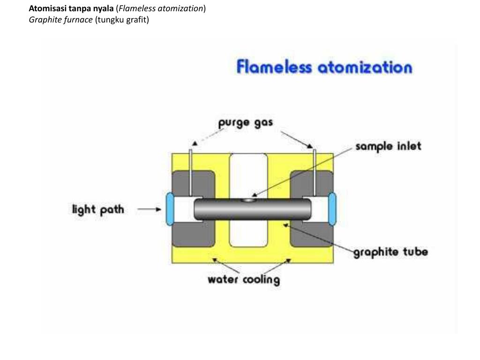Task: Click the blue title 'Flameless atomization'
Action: coord(324,67)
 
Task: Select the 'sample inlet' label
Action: coord(388,146)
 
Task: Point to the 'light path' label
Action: coord(98,210)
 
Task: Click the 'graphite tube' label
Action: coord(390,252)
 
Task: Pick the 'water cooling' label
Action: coord(244,280)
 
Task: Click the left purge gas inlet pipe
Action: coord(191,172)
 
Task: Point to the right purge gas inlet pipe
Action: coord(314,172)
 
